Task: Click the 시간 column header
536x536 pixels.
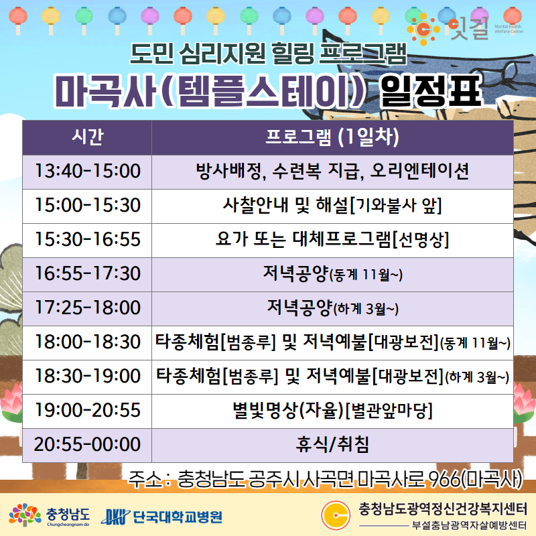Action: (x=87, y=137)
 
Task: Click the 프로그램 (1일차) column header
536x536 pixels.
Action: (x=332, y=137)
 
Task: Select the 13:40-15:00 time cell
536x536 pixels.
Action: (x=87, y=172)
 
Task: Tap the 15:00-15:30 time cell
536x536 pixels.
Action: (x=87, y=206)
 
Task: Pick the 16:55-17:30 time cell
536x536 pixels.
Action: (x=87, y=275)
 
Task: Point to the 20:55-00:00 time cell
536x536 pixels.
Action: (x=87, y=445)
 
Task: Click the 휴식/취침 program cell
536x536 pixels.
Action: (x=332, y=445)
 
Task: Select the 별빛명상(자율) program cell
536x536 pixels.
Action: (x=332, y=411)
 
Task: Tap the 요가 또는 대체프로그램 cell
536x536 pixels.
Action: (x=332, y=241)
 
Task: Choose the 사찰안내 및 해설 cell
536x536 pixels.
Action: (x=332, y=206)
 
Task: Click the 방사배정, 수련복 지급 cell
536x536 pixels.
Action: (x=332, y=172)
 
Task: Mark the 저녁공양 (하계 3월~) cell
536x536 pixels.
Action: (x=332, y=309)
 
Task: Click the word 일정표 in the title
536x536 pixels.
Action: (x=431, y=91)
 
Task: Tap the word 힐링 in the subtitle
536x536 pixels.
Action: (x=292, y=54)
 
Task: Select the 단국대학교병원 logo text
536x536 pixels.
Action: (x=178, y=517)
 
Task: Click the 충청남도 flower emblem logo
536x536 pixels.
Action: (x=25, y=515)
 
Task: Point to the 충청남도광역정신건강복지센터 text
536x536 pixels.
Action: (x=443, y=509)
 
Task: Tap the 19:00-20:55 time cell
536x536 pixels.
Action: (x=87, y=411)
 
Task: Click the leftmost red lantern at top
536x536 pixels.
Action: (x=18, y=20)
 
